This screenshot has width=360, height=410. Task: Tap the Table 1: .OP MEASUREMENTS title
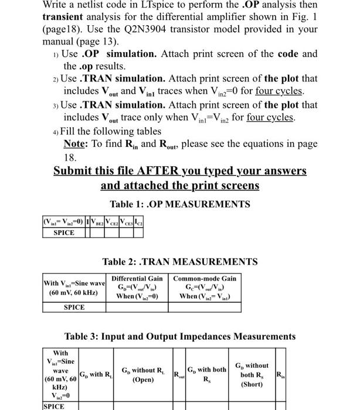tap(180, 204)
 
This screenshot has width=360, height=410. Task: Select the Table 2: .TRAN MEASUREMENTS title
tap(180, 262)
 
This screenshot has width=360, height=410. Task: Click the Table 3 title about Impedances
tap(180, 336)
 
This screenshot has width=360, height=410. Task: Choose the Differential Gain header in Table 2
tap(137, 279)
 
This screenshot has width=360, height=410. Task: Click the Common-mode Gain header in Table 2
tap(205, 279)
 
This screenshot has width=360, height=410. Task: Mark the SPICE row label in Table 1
tap(64, 232)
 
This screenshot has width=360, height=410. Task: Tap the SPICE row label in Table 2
tap(74, 307)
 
